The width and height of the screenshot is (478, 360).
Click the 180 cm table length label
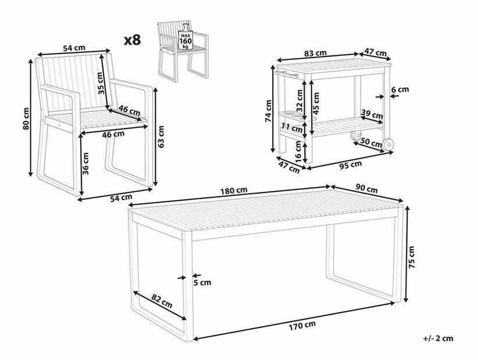click(x=234, y=191)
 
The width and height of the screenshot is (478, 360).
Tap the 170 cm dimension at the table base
click(x=302, y=326)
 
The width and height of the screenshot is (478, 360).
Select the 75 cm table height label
click(x=411, y=257)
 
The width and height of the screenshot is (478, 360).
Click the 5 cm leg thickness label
click(x=202, y=283)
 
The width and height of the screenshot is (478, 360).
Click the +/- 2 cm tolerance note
click(x=438, y=338)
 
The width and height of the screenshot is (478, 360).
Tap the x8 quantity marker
click(x=133, y=40)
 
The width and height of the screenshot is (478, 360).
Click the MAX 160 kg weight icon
click(x=185, y=37)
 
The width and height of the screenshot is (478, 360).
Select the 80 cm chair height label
click(x=26, y=119)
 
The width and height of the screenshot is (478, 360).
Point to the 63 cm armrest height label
click(x=161, y=137)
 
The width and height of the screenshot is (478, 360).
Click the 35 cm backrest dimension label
click(x=101, y=83)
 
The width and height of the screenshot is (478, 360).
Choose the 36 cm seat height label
click(x=85, y=163)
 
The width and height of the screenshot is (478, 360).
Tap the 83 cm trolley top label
click(x=316, y=53)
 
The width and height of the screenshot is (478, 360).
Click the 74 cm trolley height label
click(x=268, y=111)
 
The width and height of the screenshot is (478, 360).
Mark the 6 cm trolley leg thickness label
click(x=400, y=90)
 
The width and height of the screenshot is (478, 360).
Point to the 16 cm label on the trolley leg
click(x=298, y=151)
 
